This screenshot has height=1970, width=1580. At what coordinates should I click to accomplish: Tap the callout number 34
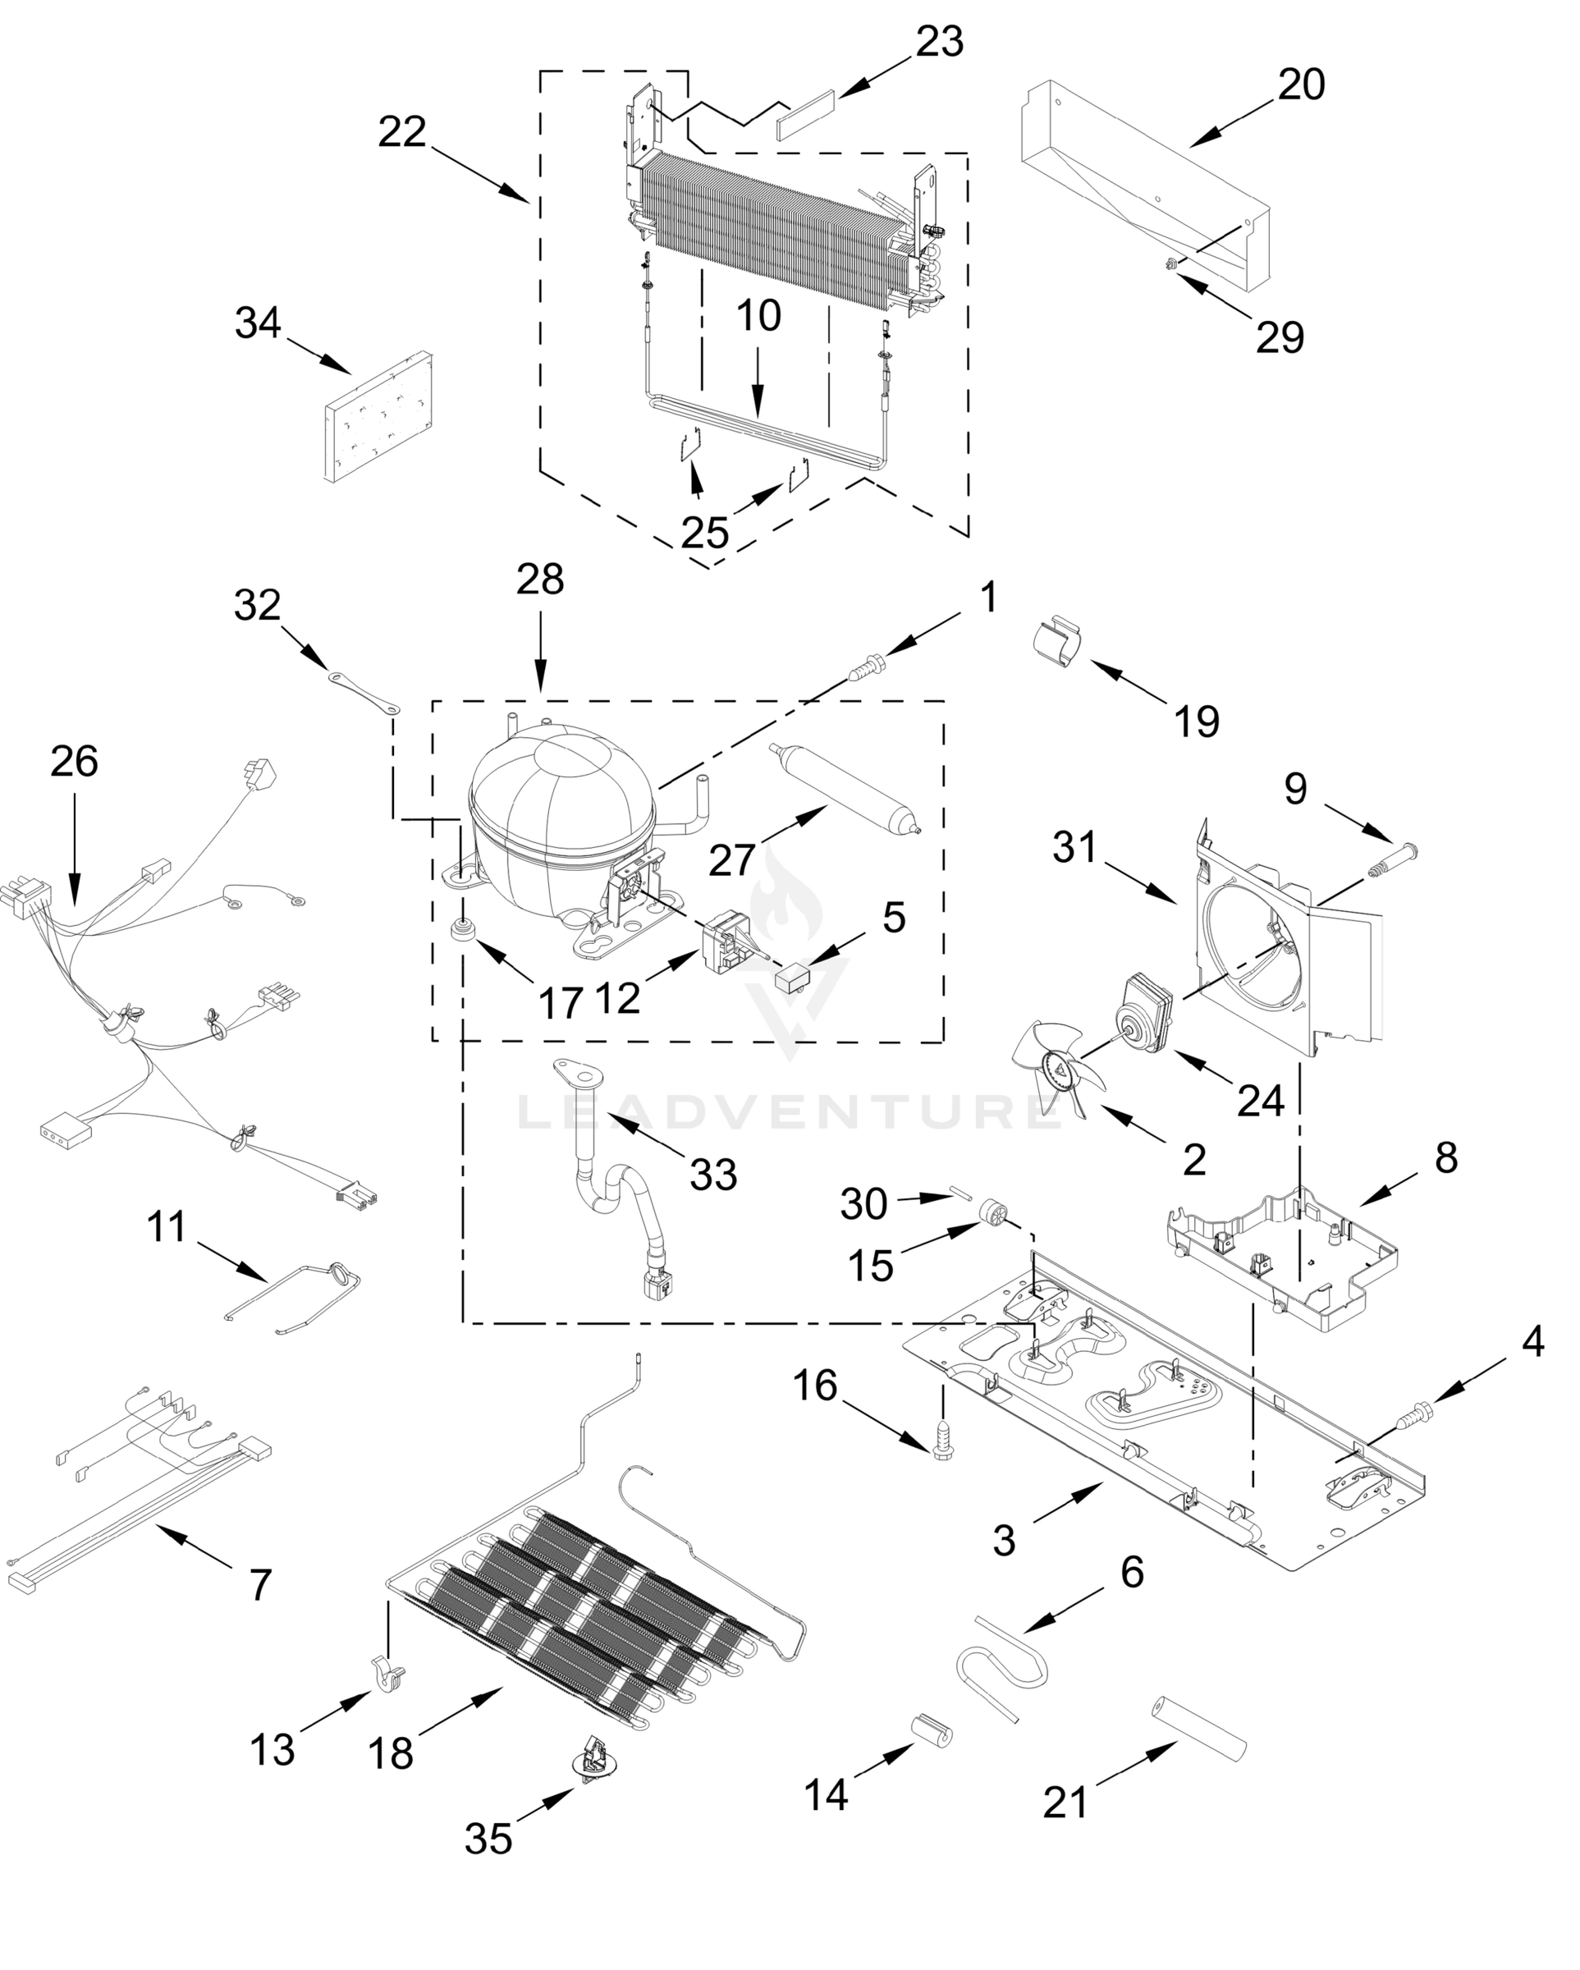click(258, 323)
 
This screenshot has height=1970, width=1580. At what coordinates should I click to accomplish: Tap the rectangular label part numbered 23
click(806, 113)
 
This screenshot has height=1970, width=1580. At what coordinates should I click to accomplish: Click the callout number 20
click(1301, 85)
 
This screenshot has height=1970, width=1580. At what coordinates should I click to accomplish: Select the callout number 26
click(75, 761)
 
